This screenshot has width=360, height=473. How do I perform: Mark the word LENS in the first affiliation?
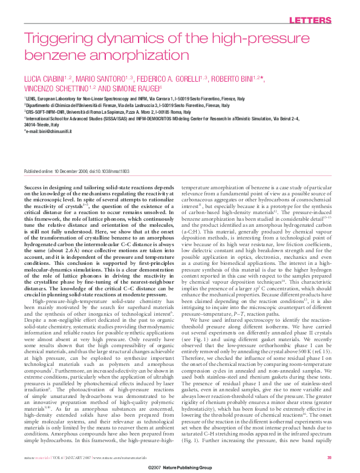pos(33,98)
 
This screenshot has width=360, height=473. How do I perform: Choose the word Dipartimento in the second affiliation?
pos(40,105)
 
